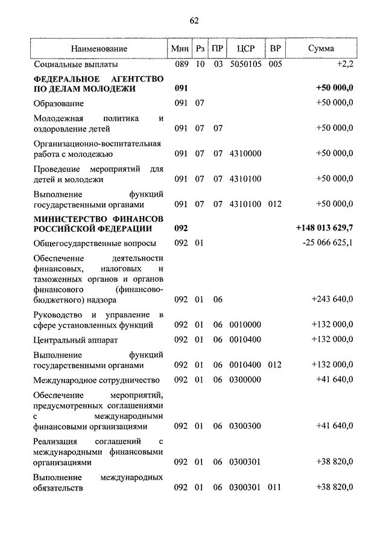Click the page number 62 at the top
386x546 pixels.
coord(194,21)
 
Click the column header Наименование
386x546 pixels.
coord(98,48)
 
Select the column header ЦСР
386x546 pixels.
coord(246,48)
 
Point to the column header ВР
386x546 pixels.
coord(275,48)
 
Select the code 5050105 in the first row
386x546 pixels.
coord(246,63)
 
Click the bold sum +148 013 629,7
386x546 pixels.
coord(324,229)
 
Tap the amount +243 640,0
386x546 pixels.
coord(332,299)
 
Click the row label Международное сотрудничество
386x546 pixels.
coord(96,380)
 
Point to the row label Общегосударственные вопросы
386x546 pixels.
coord(95,243)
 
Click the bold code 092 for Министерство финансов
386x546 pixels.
coord(182,229)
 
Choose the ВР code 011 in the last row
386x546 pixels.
coord(274,487)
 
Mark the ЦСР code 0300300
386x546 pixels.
coord(245,427)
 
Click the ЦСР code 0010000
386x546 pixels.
coord(245,325)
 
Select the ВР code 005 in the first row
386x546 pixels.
coord(275,63)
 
